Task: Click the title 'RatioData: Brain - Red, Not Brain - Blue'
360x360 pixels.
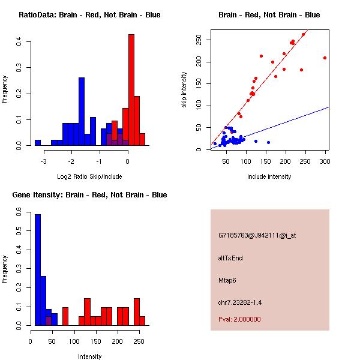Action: [x=89, y=15]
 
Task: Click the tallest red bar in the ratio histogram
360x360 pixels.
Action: [x=131, y=90]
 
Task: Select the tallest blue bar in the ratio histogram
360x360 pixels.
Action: [x=81, y=112]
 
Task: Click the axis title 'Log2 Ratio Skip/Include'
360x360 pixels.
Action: [x=89, y=177]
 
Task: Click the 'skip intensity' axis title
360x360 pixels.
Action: [x=185, y=89]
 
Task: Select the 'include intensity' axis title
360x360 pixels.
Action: [x=269, y=177]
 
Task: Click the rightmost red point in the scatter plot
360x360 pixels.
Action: [x=325, y=58]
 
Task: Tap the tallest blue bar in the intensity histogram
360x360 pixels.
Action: [x=38, y=270]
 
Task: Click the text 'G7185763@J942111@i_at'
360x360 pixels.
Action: [x=257, y=235]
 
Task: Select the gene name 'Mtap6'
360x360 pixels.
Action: [x=229, y=280]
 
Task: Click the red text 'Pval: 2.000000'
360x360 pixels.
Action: [x=239, y=319]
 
